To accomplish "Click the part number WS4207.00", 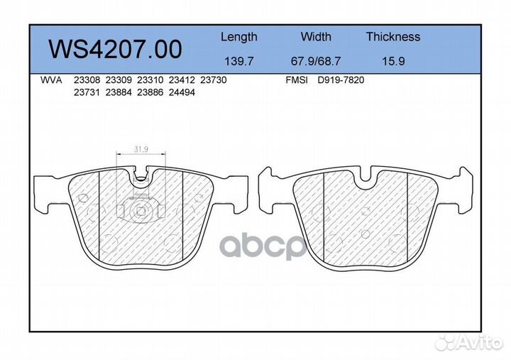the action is pyautogui.click(x=116, y=49).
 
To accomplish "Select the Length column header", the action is pyautogui.click(x=239, y=37).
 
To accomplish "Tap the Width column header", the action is pyautogui.click(x=316, y=36).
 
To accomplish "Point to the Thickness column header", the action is pyautogui.click(x=393, y=36).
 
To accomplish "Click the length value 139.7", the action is pyautogui.click(x=239, y=61).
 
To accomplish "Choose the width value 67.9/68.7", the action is pyautogui.click(x=316, y=61).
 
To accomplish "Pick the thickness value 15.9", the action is pyautogui.click(x=393, y=61).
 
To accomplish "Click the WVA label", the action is pyautogui.click(x=51, y=80).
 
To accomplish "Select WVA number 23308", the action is pyautogui.click(x=87, y=80).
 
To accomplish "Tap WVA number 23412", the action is pyautogui.click(x=182, y=80).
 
